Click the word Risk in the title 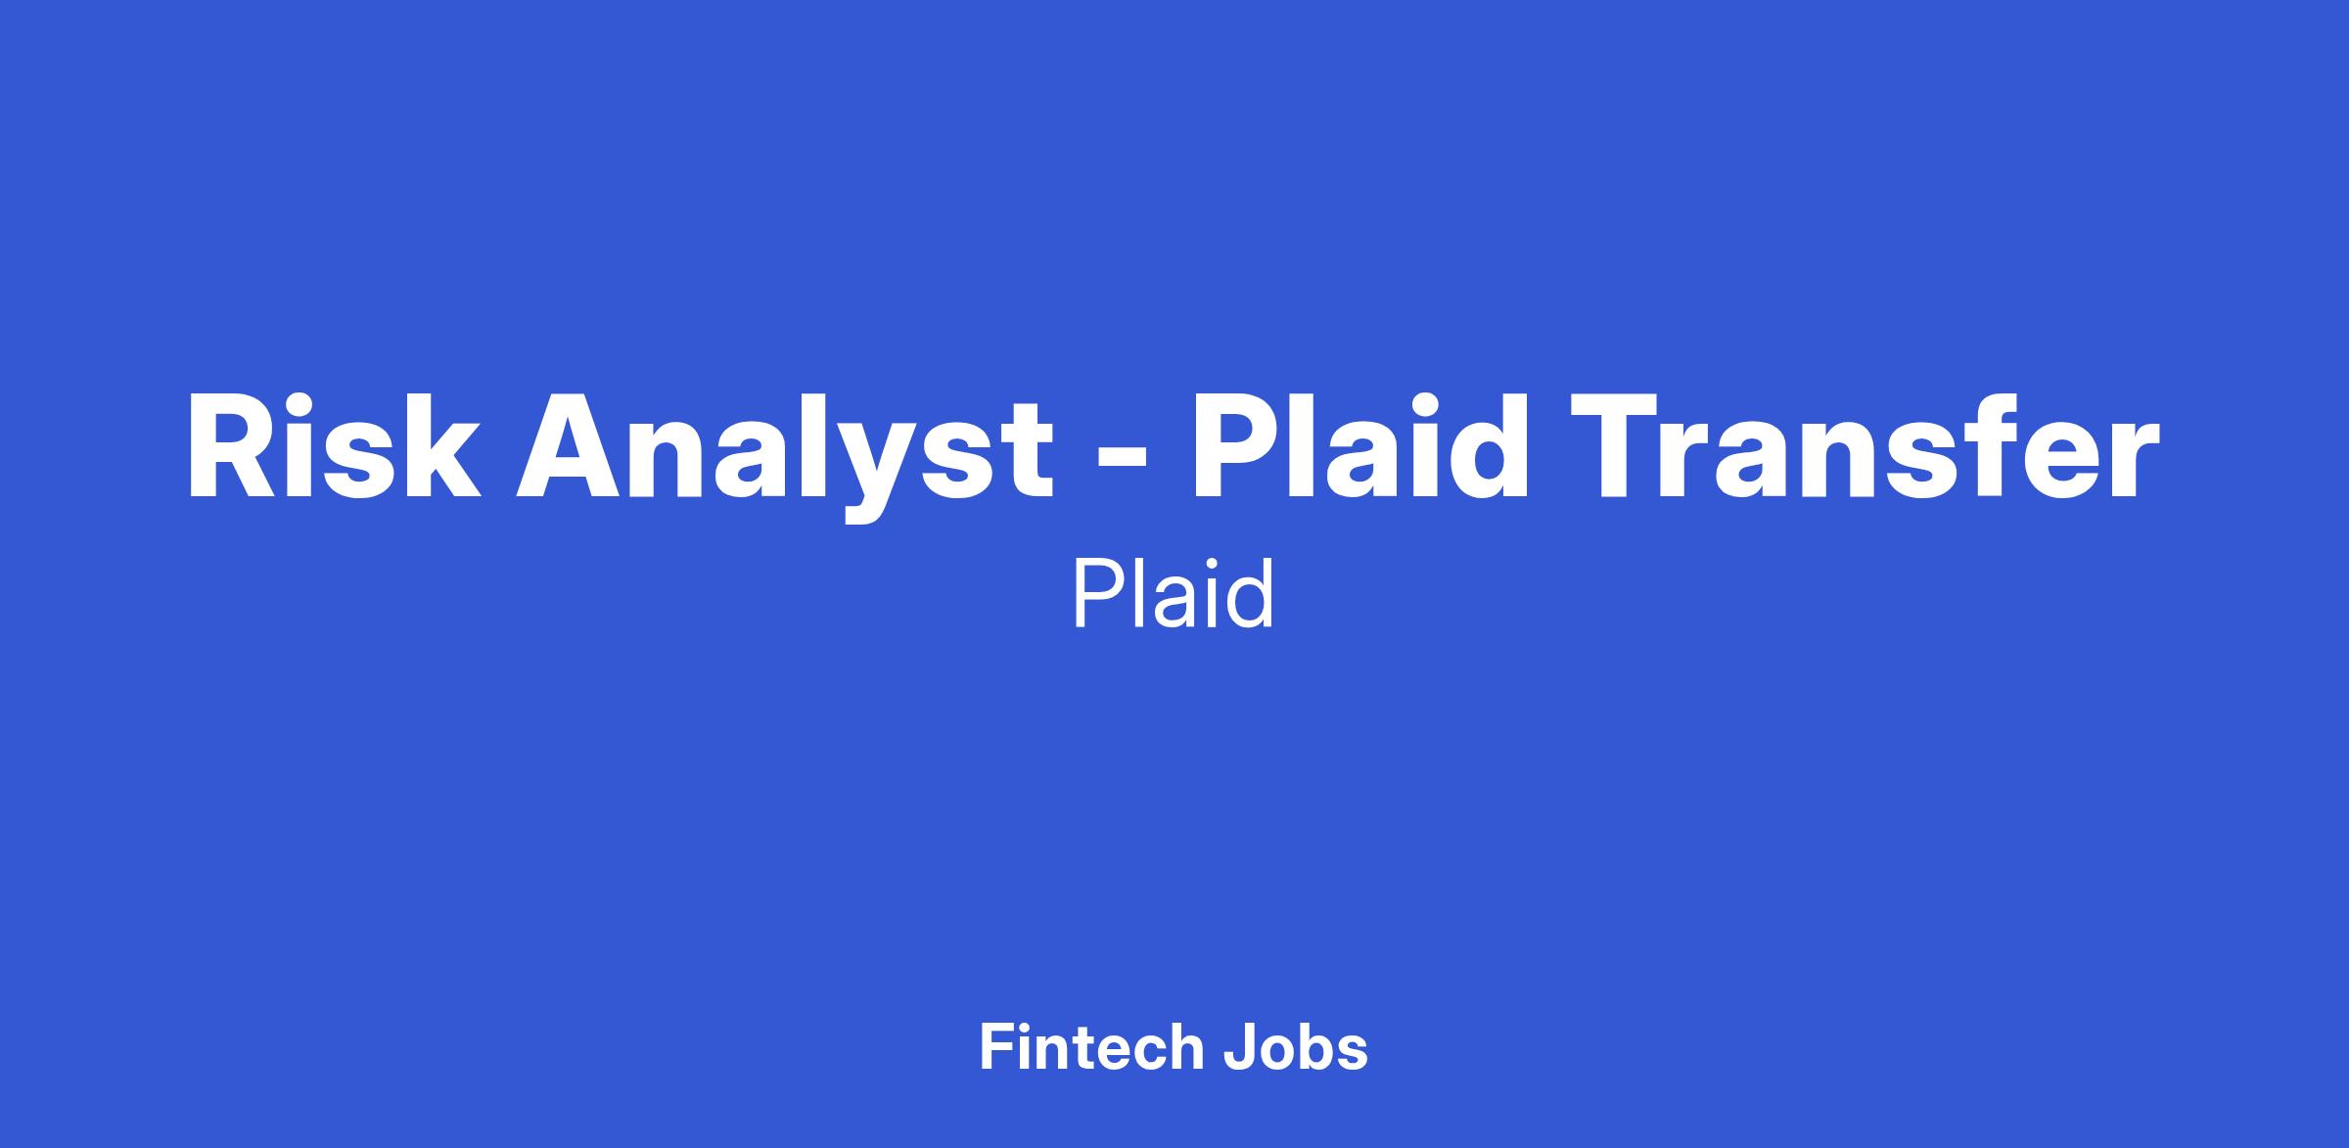click(x=334, y=446)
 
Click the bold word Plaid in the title click(x=1359, y=445)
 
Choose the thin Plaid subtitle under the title click(x=1174, y=593)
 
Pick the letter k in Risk click(x=439, y=446)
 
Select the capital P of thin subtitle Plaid click(x=1096, y=594)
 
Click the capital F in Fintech click(x=995, y=1047)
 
